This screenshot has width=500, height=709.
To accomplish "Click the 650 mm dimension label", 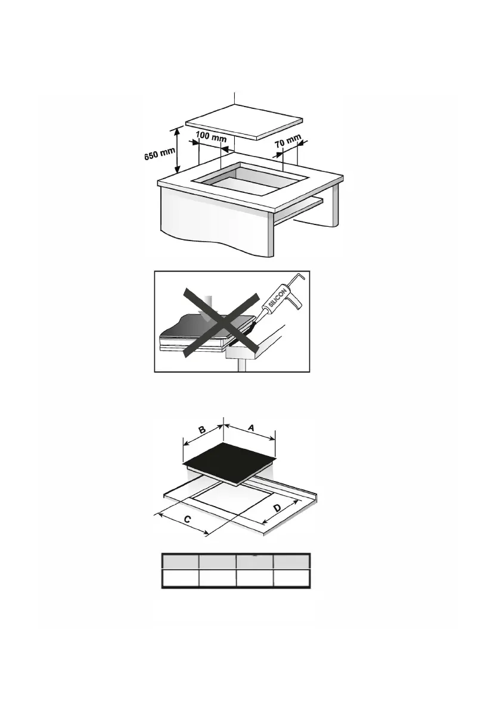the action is [x=160, y=154].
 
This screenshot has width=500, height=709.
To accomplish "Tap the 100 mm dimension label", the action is [x=212, y=136].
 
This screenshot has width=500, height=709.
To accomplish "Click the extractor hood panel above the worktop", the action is [x=244, y=121].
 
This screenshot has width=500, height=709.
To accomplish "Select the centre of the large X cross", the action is [x=221, y=324].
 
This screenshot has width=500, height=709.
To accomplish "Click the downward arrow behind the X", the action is [x=210, y=308].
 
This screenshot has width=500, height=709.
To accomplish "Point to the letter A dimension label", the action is [x=252, y=428].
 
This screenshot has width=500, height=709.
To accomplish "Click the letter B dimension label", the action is [x=202, y=430].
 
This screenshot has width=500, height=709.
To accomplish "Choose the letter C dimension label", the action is [x=188, y=520].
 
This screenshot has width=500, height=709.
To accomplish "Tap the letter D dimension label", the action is [x=277, y=508].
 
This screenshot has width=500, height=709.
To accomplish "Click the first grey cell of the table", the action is [x=180, y=562].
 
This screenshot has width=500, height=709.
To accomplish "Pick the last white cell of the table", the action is [x=291, y=578].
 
